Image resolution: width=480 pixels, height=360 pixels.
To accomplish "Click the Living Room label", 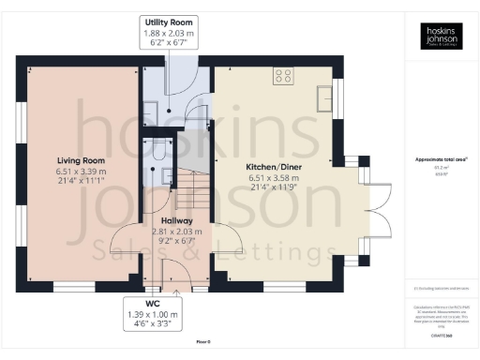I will pos(80,161).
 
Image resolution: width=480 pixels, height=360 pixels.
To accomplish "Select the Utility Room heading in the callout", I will pos(168,21).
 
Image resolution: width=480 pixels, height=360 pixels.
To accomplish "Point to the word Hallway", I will pos(163,220).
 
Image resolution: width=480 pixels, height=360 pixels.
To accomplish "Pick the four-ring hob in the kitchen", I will pos(281,78).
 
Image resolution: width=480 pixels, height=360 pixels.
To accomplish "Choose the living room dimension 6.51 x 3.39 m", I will pos(80,172).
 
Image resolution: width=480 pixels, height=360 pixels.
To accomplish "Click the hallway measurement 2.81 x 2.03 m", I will pos(163,231).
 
